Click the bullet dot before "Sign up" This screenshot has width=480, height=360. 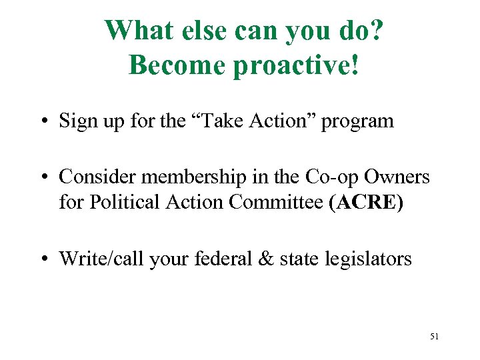(x=49, y=121)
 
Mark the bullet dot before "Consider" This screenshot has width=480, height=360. (x=49, y=177)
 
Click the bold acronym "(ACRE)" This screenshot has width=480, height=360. (x=366, y=201)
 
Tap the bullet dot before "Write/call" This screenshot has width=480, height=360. (x=49, y=258)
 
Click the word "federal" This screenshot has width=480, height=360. (x=223, y=258)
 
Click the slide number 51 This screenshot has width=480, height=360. (x=434, y=337)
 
